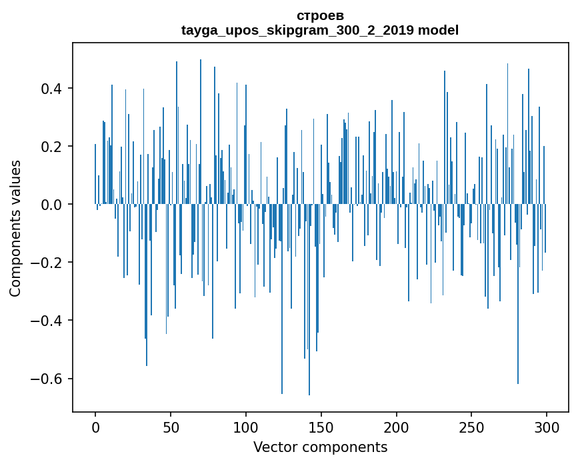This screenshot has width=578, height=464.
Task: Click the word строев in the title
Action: tap(320, 15)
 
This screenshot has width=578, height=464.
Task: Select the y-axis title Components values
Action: tap(15, 228)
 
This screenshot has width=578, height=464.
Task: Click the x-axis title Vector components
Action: tap(320, 447)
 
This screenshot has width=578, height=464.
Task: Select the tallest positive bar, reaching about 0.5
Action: tap(201, 133)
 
